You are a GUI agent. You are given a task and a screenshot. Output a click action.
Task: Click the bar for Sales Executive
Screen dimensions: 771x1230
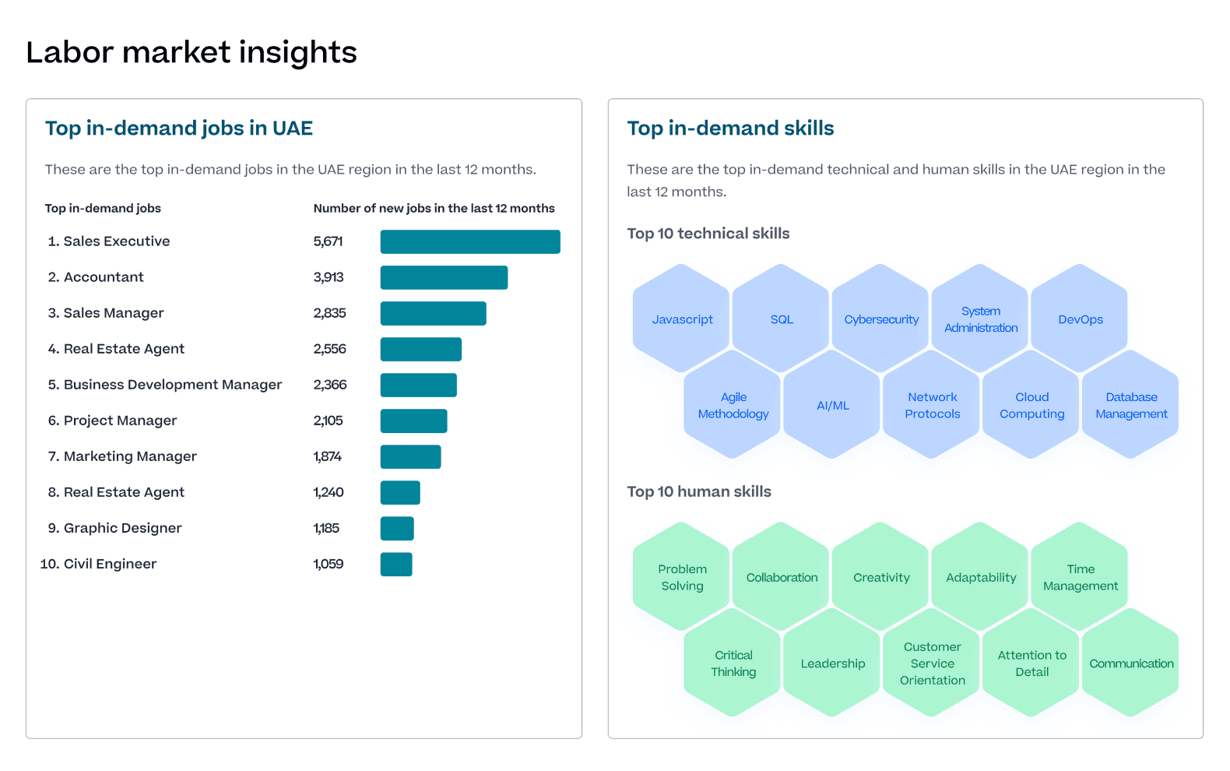(470, 241)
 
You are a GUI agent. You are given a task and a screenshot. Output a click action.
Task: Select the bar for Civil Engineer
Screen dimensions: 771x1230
(396, 564)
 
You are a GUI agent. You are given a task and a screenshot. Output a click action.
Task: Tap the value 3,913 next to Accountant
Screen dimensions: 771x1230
(329, 277)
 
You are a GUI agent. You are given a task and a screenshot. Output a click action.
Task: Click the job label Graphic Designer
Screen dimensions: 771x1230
(122, 528)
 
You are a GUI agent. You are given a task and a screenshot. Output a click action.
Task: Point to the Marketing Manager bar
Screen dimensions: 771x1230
(410, 456)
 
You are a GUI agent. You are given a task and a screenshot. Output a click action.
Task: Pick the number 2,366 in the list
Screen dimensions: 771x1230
(330, 385)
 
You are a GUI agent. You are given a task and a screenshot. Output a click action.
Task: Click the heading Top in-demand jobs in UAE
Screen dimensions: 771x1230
(179, 128)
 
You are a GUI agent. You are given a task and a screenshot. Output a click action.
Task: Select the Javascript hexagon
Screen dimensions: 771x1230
(682, 319)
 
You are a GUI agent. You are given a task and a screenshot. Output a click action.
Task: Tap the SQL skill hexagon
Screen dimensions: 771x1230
(782, 319)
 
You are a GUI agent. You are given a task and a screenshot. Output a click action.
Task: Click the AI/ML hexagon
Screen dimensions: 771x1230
(832, 405)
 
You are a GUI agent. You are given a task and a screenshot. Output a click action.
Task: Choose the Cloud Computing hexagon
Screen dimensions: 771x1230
(1031, 405)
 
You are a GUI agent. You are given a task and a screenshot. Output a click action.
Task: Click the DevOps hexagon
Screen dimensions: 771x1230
(1080, 319)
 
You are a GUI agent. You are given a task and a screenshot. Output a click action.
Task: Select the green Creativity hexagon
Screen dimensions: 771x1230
(881, 577)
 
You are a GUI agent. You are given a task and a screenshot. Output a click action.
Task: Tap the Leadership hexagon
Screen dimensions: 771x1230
(832, 664)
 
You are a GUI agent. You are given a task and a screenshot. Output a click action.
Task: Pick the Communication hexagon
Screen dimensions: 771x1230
(1130, 664)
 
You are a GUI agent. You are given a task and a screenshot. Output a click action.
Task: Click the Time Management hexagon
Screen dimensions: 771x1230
(1080, 577)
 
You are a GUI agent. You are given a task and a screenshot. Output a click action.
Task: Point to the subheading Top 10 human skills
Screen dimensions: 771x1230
(699, 491)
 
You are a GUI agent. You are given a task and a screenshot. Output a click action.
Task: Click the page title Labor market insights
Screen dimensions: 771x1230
(192, 52)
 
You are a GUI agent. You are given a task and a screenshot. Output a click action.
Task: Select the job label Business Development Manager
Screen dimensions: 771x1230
(172, 385)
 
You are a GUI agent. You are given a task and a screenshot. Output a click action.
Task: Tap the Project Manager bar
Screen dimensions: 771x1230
(413, 421)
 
